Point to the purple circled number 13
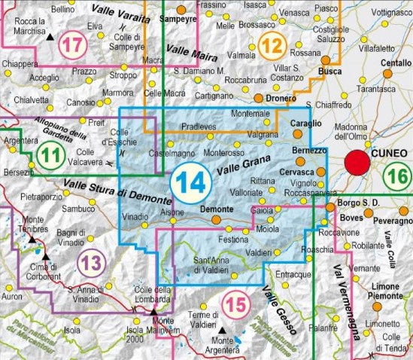click(91, 264)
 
